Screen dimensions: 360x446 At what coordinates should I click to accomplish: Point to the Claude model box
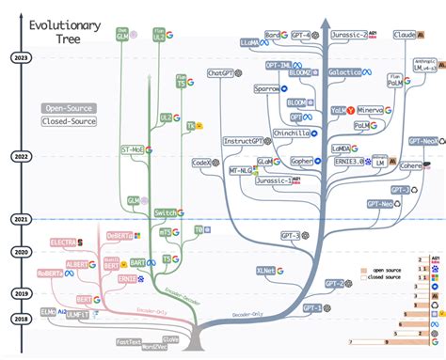click(404, 35)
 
